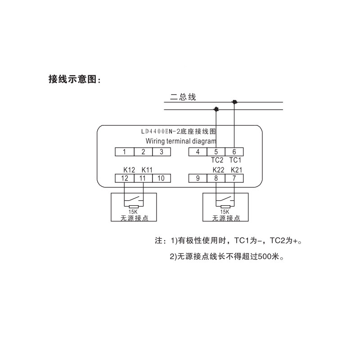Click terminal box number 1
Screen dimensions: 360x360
click(x=124, y=152)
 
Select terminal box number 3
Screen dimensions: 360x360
click(x=161, y=152)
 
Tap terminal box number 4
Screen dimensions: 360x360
click(x=198, y=152)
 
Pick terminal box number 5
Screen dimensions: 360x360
click(x=216, y=152)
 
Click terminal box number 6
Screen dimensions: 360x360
click(x=234, y=152)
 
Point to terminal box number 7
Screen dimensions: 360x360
click(x=234, y=178)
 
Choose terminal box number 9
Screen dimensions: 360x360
click(x=198, y=178)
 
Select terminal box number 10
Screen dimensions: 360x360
click(x=161, y=178)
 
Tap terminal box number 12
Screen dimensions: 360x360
click(x=124, y=178)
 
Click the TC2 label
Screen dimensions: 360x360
click(x=217, y=160)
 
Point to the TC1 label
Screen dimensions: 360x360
click(x=235, y=160)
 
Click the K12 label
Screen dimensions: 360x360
click(x=129, y=170)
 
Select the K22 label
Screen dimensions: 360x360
click(x=218, y=170)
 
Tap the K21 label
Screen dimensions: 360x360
click(x=236, y=170)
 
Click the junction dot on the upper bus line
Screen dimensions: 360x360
click(x=234, y=102)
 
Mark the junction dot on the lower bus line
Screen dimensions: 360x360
click(x=216, y=109)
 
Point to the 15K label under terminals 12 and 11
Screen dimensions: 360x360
click(x=134, y=211)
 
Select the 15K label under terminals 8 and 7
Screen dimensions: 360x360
click(x=225, y=211)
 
